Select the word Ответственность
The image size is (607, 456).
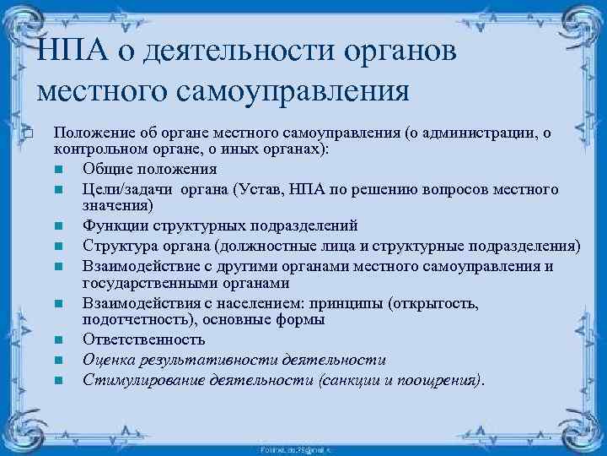coord(143,339)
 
